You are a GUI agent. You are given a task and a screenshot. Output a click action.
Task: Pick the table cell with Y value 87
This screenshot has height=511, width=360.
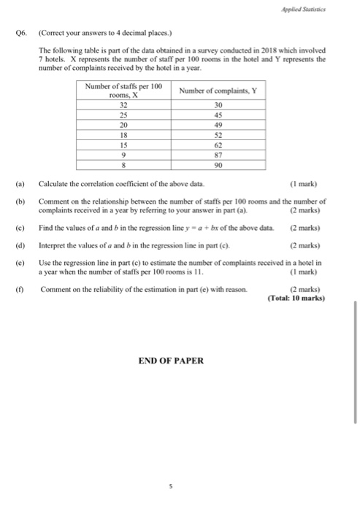(219, 155)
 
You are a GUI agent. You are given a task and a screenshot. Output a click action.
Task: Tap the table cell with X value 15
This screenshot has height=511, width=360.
(123, 145)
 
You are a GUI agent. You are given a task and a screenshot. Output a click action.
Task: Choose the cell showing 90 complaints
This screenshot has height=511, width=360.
(219, 165)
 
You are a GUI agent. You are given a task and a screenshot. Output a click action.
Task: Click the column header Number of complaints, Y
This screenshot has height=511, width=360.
(218, 91)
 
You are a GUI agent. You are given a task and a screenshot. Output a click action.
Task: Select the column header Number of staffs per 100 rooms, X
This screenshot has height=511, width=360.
(123, 91)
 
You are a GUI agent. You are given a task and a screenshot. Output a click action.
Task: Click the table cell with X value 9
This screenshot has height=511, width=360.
(123, 155)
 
